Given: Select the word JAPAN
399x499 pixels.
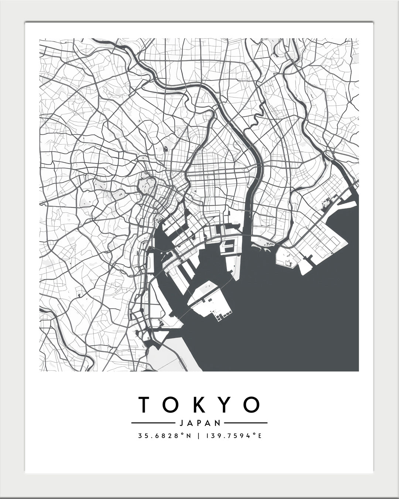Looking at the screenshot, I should [199, 423].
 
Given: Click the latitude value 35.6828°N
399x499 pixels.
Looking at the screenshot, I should [164, 436].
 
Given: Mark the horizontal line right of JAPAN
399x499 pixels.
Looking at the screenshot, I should [246, 423].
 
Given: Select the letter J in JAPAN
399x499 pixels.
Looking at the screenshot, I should [180, 423].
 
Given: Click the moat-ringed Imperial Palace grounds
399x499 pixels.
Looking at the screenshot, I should [147, 184].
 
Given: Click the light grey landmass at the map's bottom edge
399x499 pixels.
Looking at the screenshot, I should [170, 357].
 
